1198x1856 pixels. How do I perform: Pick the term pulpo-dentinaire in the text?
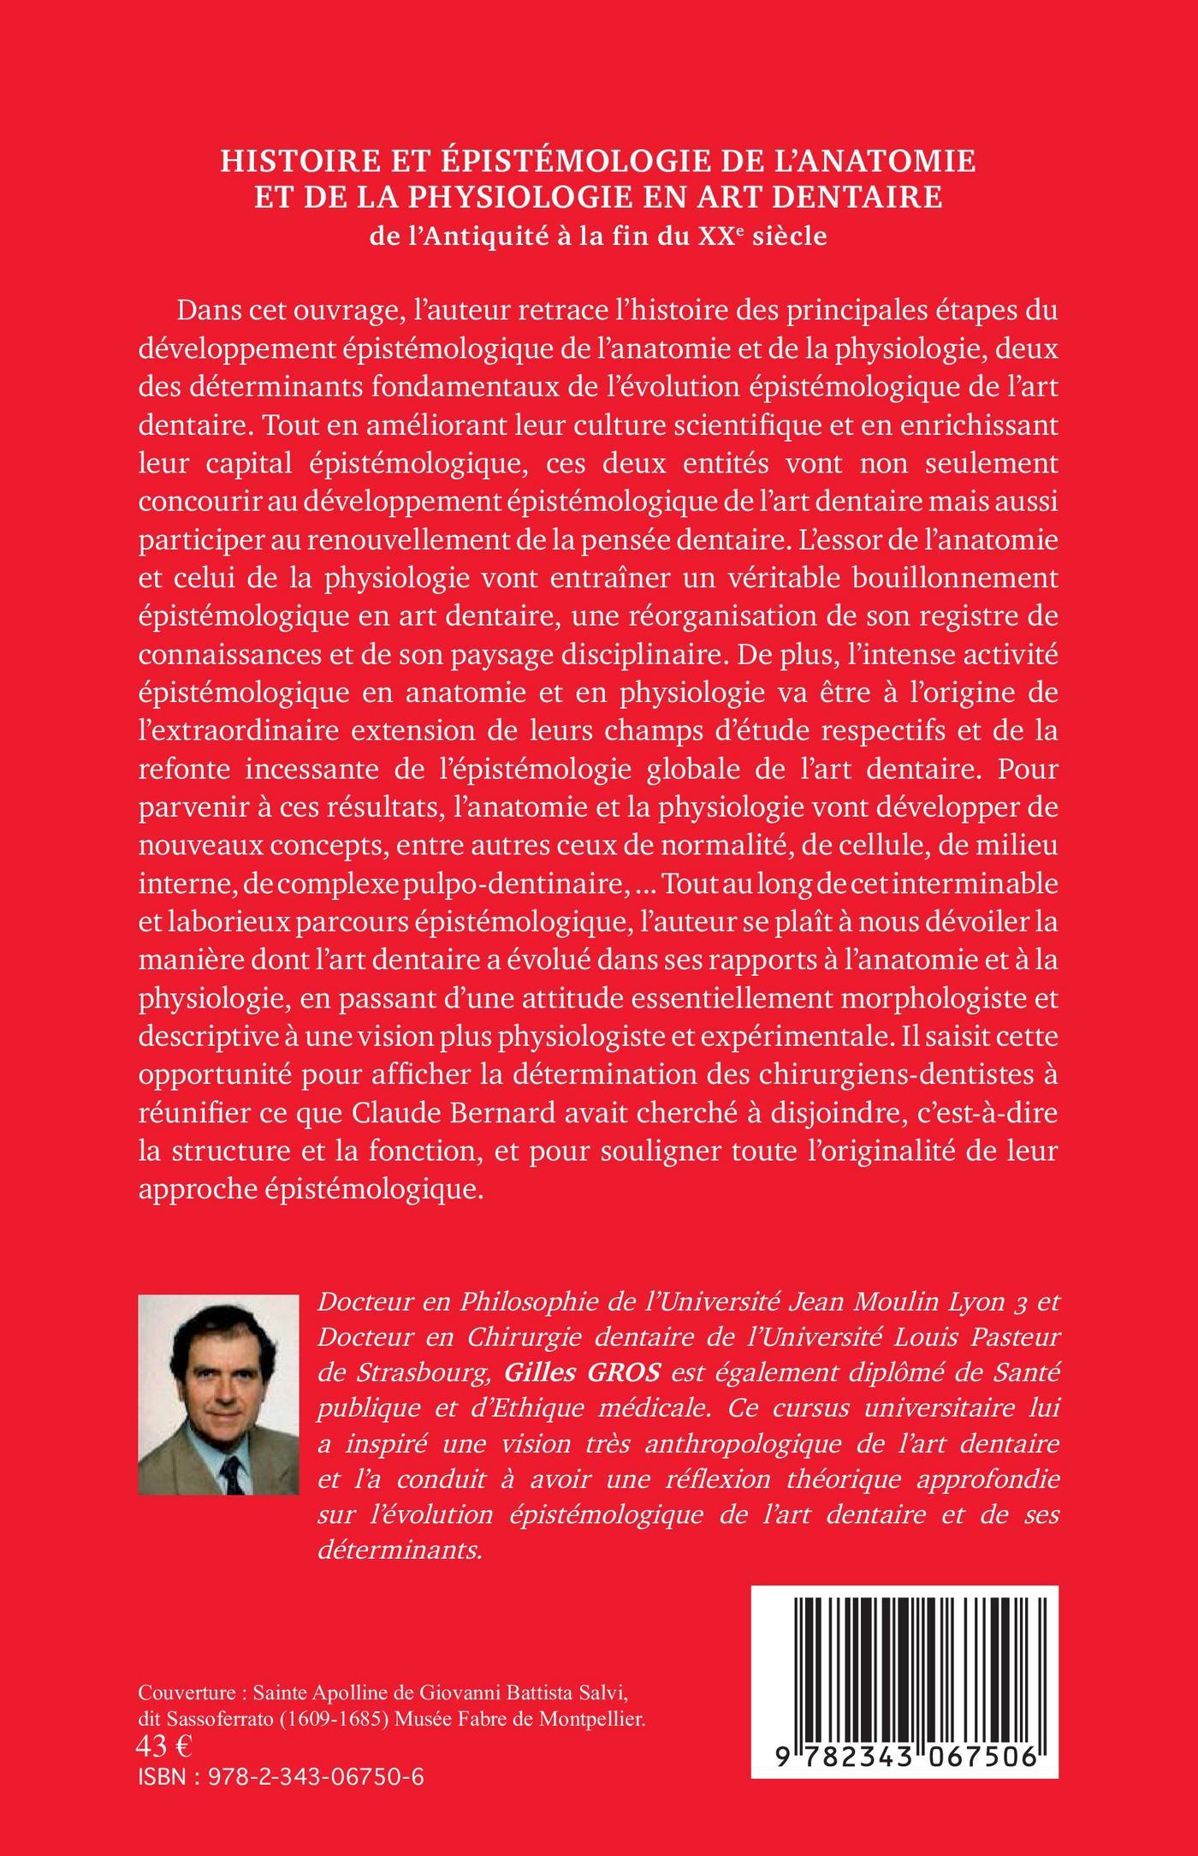pos(515,883)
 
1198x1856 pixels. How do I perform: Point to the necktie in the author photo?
pos(229,1460)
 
